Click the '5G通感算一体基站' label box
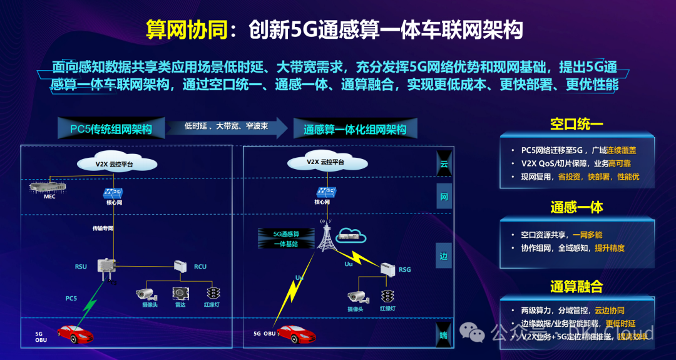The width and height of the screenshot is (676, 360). (281, 239)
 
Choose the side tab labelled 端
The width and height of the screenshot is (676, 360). (443, 336)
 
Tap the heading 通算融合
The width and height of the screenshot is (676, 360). (576, 287)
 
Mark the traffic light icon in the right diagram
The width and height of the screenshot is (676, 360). (388, 296)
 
